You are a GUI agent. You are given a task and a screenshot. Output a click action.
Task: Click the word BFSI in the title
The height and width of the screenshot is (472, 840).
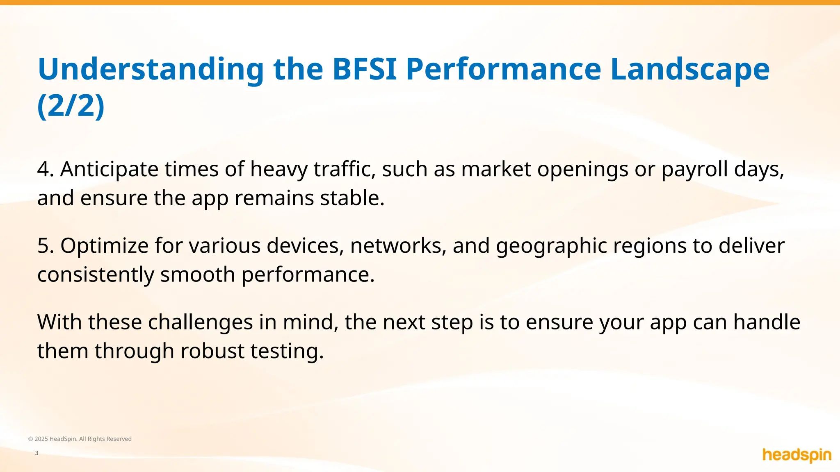click(364, 69)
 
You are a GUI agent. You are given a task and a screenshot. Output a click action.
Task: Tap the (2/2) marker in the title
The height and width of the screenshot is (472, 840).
click(71, 106)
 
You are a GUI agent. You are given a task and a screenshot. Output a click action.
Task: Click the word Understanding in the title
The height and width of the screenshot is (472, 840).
click(151, 69)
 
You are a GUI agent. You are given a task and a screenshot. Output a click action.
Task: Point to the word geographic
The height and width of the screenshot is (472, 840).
click(551, 246)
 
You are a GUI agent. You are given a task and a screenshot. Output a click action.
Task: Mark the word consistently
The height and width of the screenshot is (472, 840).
click(96, 275)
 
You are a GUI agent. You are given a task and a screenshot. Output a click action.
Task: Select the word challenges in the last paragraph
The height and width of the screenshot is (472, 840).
click(200, 322)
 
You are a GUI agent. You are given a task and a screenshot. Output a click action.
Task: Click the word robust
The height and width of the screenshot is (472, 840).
click(212, 351)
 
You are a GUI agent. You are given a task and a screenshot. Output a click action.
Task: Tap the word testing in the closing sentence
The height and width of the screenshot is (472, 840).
click(287, 351)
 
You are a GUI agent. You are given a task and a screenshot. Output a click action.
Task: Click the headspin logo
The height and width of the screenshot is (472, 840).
click(797, 455)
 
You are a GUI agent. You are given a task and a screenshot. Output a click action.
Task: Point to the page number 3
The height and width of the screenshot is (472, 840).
click(37, 453)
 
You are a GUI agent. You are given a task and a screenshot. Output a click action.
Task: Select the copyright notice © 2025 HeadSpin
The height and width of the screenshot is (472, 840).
click(80, 439)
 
